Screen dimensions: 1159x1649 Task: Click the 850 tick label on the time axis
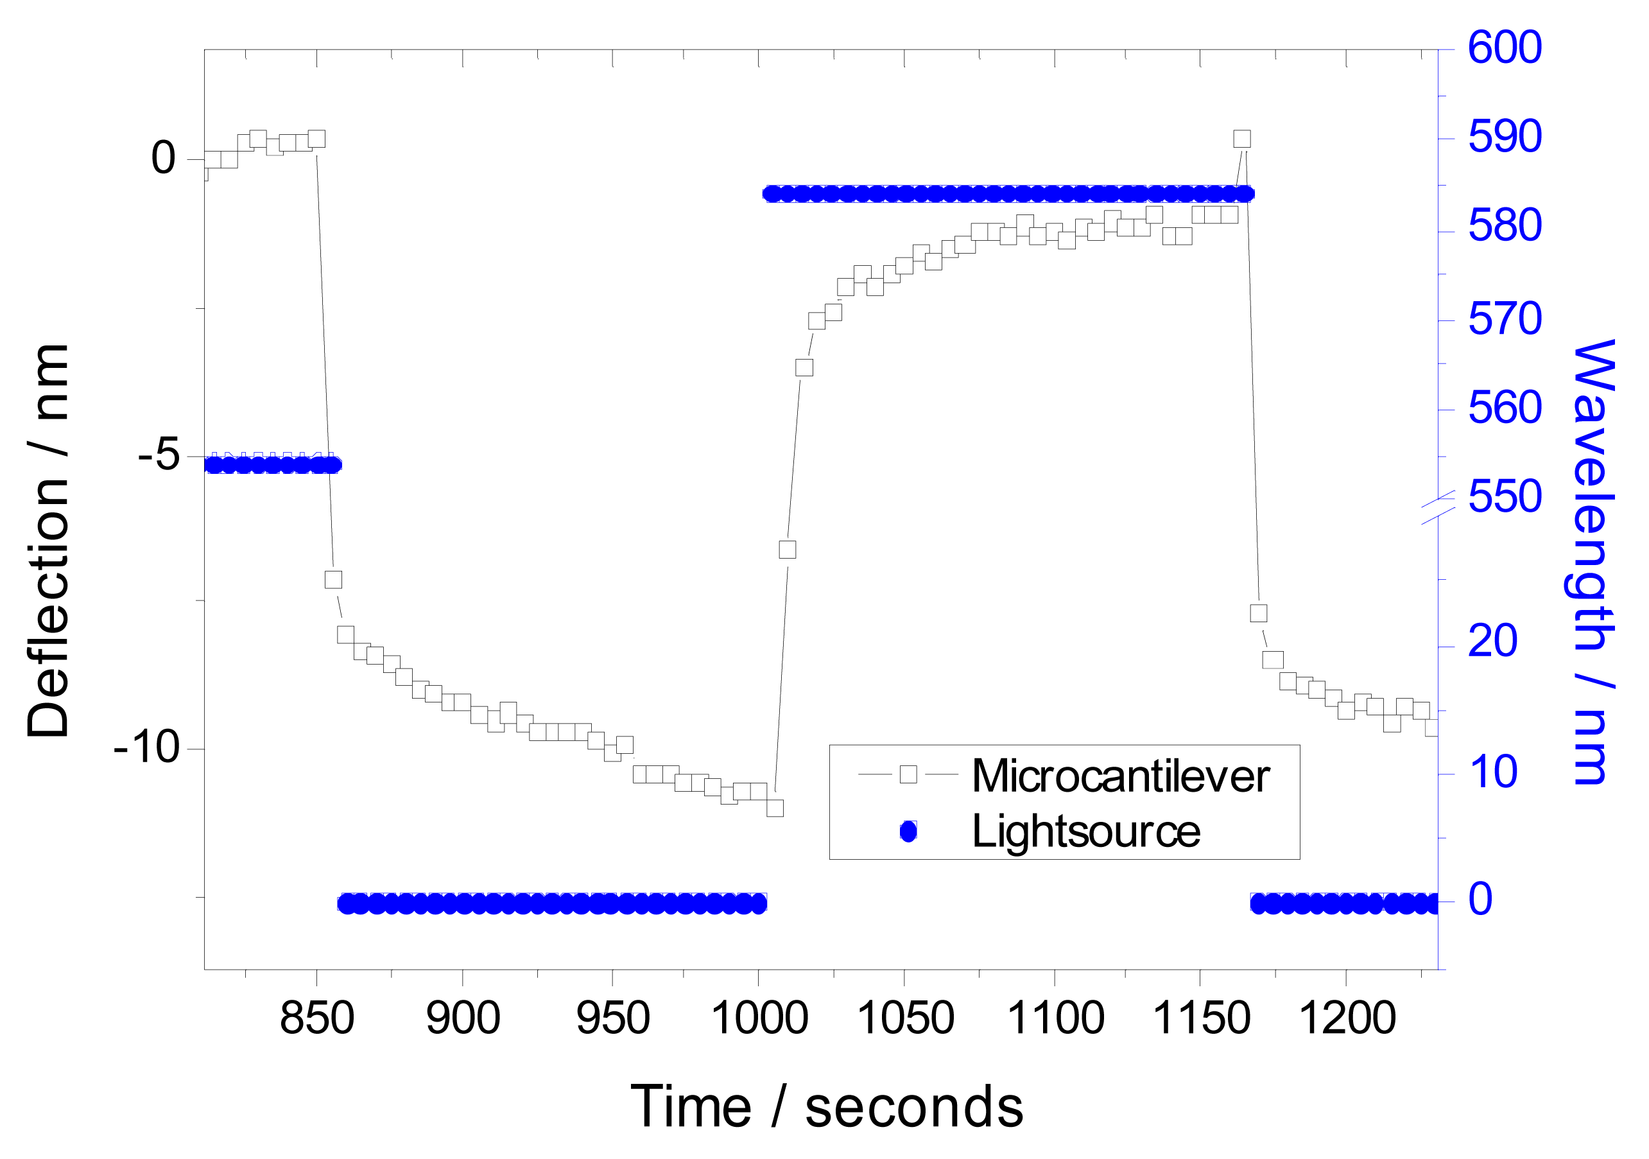316,1018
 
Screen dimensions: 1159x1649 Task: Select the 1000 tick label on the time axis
759,1018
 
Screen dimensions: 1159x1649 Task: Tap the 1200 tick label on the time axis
1347,1018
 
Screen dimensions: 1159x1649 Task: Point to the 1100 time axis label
1055,1018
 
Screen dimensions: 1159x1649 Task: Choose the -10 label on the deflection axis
146,747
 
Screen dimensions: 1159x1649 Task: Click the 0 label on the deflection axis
164,157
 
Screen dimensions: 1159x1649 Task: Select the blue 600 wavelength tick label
1504,48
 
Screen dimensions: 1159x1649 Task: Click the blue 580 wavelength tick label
1504,225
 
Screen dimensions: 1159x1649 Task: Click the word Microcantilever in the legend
1120,777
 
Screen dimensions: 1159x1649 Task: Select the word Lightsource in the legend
1085,832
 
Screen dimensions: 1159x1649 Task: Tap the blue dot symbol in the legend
908,832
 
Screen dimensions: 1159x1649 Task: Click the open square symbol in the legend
908,774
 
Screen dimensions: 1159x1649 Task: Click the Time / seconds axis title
827,1106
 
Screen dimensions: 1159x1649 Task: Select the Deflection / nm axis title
48,541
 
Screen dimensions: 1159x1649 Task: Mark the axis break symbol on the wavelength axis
1438,509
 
